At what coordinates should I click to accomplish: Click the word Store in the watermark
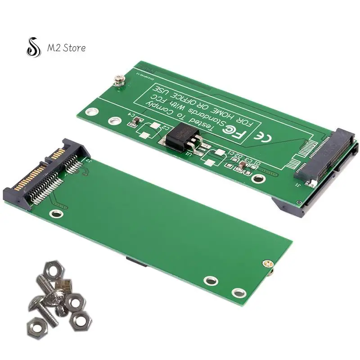72,47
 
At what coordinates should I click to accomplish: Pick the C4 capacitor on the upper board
138,122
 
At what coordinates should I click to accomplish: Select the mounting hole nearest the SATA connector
55,213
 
